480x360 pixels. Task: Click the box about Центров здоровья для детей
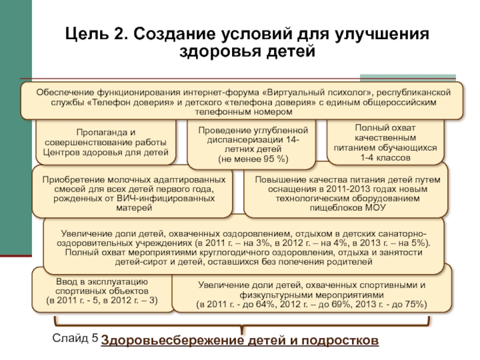tap(106, 142)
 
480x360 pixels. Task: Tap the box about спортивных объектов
tap(102, 290)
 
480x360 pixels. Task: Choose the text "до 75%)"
tap(410, 304)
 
